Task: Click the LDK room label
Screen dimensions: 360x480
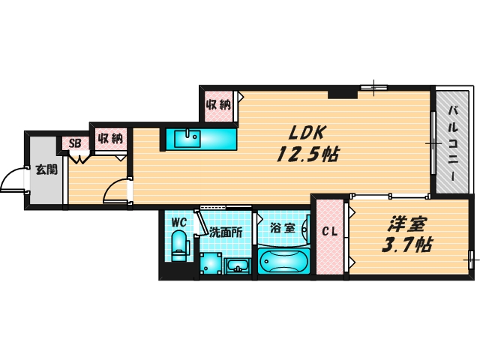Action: pyautogui.click(x=307, y=132)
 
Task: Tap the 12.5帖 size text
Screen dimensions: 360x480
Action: pyautogui.click(x=307, y=155)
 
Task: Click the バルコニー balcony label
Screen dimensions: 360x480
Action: pyautogui.click(x=454, y=144)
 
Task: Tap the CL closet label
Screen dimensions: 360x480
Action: pyautogui.click(x=328, y=232)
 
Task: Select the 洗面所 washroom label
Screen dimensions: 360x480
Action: pyautogui.click(x=225, y=232)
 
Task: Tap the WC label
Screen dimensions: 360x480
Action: pyautogui.click(x=178, y=222)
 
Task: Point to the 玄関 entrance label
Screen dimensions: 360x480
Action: pyautogui.click(x=45, y=169)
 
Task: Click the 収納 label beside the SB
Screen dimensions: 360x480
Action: pyautogui.click(x=109, y=139)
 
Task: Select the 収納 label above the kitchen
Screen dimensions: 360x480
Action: pyautogui.click(x=218, y=104)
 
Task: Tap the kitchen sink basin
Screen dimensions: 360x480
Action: pyautogui.click(x=187, y=139)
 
